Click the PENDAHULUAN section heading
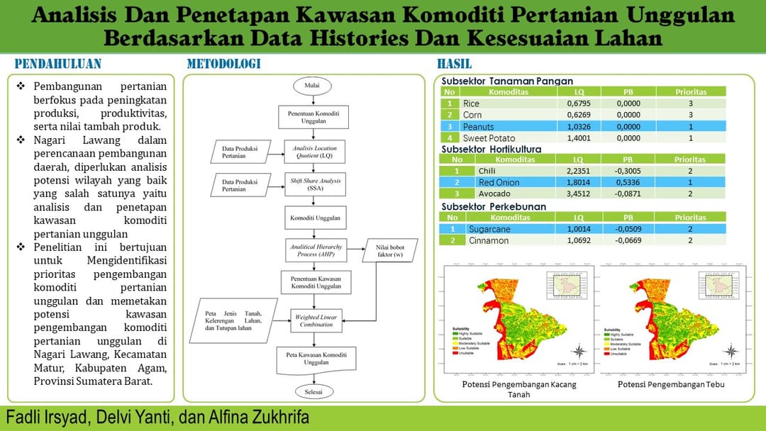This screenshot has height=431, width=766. tap(58, 64)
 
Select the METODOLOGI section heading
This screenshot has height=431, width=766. tap(223, 64)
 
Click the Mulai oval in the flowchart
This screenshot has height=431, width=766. tap(312, 86)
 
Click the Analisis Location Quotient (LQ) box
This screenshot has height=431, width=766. tap(312, 150)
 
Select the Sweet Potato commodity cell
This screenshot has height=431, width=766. tap(489, 138)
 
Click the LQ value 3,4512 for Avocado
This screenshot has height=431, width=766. tap(579, 194)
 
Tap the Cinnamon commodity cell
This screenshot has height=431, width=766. tap(489, 240)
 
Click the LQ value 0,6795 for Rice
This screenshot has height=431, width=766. tap(579, 103)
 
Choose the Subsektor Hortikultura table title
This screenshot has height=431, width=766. tap(491, 150)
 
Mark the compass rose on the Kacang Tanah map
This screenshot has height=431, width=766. tap(579, 351)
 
